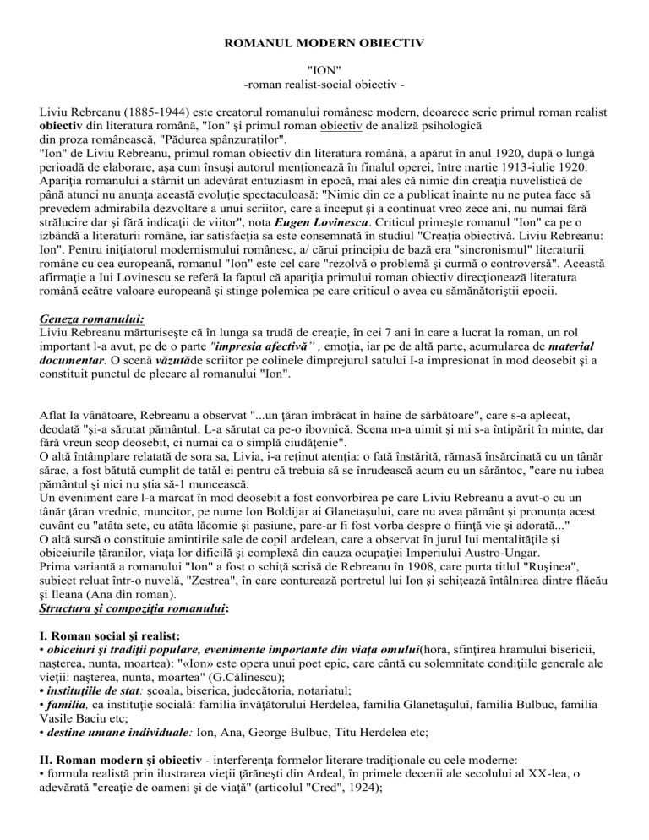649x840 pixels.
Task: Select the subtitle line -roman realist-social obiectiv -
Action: (324, 86)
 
